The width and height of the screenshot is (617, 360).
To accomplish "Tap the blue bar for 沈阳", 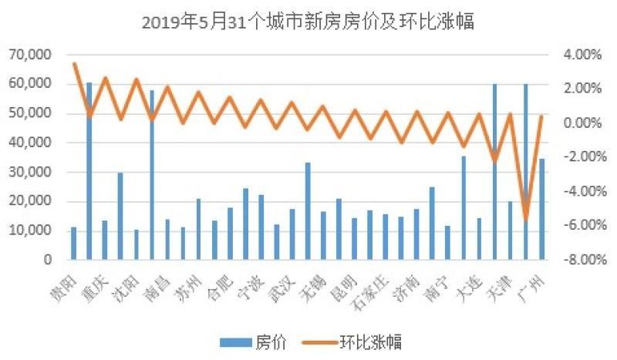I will click(120, 217).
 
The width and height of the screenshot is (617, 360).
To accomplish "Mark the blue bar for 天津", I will click(511, 230).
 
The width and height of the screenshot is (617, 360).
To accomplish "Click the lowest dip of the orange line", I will click(526, 220).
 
